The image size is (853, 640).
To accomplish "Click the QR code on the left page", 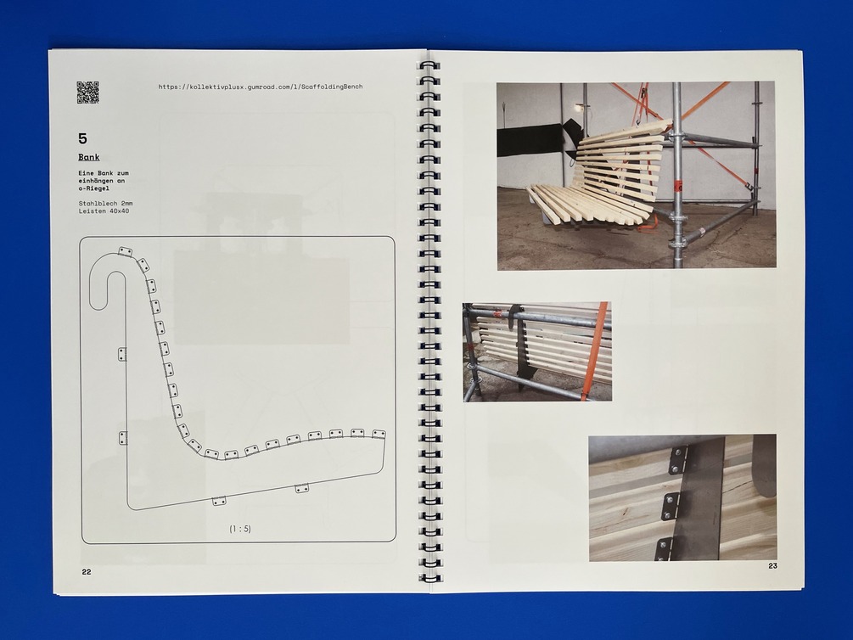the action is click(87, 92).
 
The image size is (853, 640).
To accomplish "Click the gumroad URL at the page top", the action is click(261, 87).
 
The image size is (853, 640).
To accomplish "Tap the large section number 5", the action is click(82, 138).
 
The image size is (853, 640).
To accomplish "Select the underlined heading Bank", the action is click(88, 157).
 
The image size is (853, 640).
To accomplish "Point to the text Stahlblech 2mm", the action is click(105, 204).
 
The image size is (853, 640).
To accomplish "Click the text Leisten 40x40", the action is click(104, 211).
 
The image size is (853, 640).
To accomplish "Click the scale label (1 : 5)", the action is click(240, 529).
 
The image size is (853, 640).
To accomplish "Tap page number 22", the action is click(87, 572).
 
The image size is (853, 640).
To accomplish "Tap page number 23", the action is click(772, 566).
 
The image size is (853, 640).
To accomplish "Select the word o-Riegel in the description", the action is click(93, 188).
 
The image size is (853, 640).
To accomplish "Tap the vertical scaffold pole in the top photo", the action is click(676, 175).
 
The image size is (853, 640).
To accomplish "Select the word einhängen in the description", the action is click(93, 181).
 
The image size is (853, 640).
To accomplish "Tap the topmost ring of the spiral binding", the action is click(429, 65).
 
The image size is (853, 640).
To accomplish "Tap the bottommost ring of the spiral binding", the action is click(429, 578).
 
